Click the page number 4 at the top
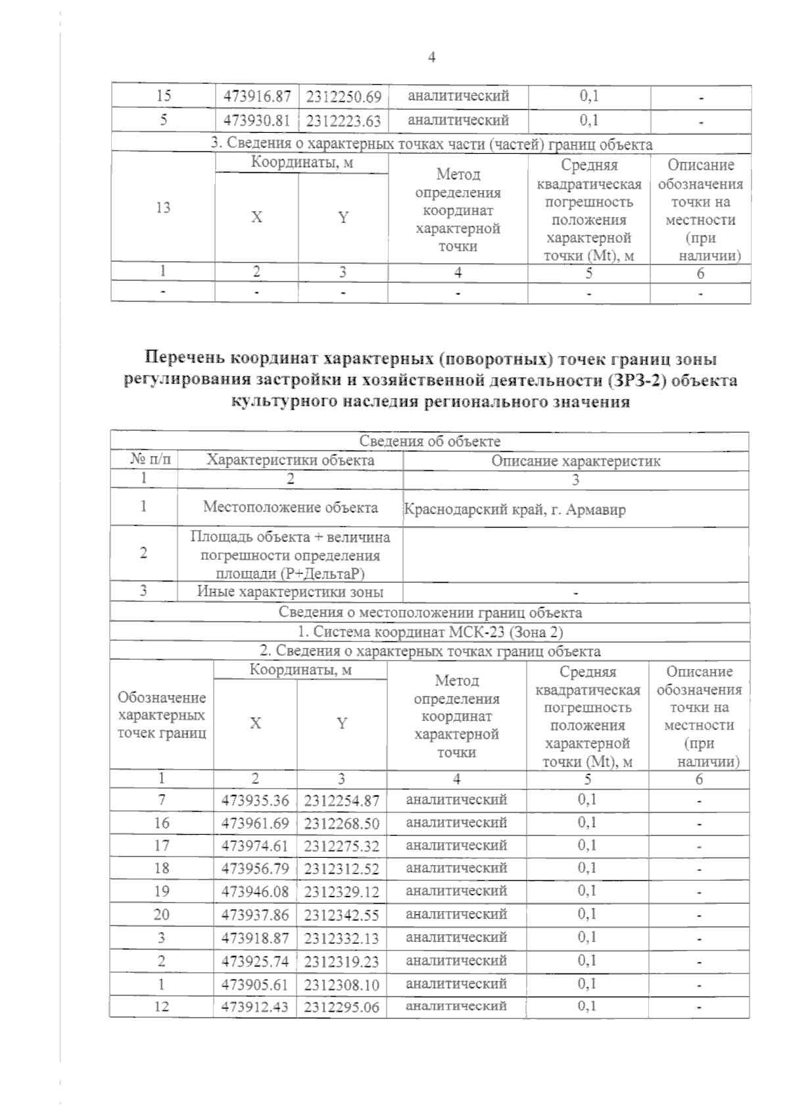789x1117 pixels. [432, 57]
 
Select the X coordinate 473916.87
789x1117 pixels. [257, 97]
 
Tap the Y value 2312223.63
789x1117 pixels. [343, 121]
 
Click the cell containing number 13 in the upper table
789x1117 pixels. [163, 208]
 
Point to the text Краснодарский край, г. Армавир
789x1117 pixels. [514, 509]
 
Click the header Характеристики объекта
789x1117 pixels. [290, 460]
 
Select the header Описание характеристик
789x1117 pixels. [575, 461]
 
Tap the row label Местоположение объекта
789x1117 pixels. [290, 507]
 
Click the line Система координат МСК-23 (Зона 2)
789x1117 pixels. [430, 632]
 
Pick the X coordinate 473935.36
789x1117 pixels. [255, 801]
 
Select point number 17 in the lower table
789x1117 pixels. [162, 846]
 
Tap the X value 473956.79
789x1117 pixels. [255, 869]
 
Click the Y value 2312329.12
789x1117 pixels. [342, 892]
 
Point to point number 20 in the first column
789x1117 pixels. [162, 914]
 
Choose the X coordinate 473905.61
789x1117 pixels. [255, 985]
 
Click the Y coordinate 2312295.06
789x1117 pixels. [342, 1007]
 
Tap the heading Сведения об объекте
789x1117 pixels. [430, 441]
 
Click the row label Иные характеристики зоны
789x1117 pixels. [290, 592]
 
